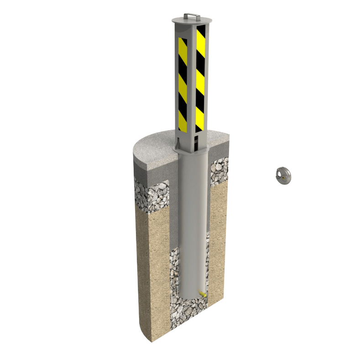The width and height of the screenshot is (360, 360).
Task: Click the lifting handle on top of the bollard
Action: click(192, 15)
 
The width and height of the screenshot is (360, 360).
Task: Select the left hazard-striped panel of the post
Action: click(183, 82)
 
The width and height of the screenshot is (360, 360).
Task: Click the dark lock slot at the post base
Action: click(196, 139)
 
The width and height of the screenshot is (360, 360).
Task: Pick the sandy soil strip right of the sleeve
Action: click(218, 238)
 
